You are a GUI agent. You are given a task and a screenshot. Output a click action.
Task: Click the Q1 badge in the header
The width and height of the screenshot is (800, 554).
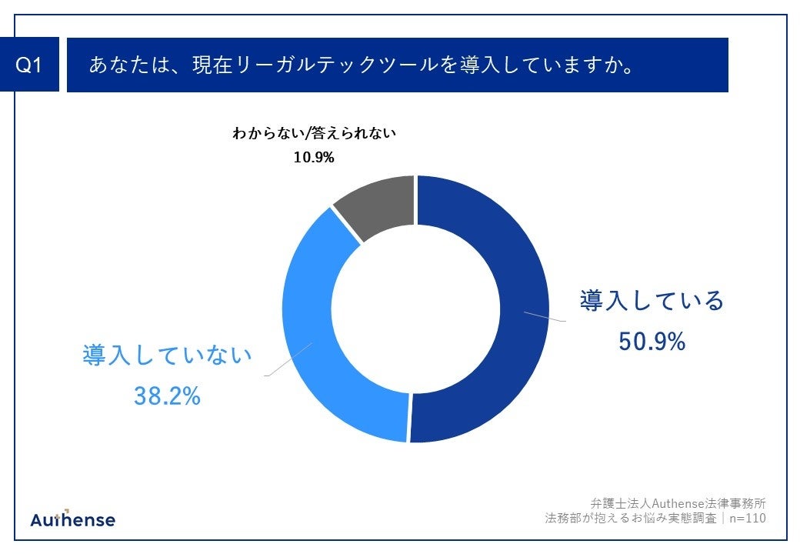tap(29, 65)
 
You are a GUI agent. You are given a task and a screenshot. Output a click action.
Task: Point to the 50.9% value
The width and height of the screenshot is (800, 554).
tap(652, 341)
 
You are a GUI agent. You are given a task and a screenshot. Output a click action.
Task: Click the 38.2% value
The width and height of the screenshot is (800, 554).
tap(167, 395)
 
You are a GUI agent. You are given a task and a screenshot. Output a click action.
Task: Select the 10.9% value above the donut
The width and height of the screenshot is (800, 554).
tap(313, 157)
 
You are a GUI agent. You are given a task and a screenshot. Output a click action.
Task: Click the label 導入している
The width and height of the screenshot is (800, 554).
tap(652, 300)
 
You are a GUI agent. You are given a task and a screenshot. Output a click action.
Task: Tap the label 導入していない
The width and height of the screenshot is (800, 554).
tap(167, 355)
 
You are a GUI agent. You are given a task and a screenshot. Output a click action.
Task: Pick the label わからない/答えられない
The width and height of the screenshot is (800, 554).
tap(314, 133)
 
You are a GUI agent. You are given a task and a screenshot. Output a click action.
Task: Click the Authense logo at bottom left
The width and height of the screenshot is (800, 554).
tap(73, 519)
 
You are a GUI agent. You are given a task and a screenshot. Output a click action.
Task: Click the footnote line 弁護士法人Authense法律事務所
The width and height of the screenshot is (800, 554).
tap(678, 503)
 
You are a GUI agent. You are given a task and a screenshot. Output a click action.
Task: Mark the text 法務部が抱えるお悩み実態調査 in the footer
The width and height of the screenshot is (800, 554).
tap(630, 519)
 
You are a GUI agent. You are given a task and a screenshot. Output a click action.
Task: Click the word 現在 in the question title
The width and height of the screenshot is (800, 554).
tap(212, 65)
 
